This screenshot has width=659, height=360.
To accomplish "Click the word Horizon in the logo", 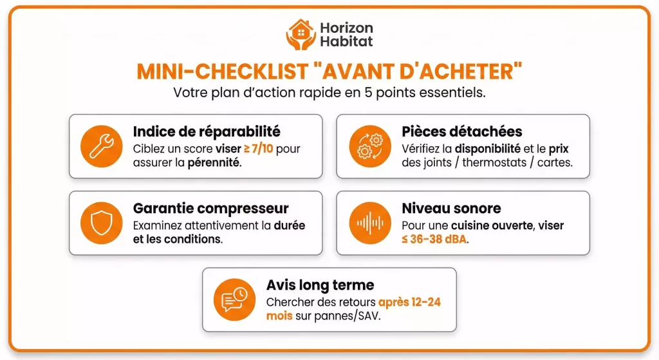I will coord(346,28).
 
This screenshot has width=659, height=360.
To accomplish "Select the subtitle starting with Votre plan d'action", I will coord(329,92).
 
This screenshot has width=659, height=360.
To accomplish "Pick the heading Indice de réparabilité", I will coord(207,132).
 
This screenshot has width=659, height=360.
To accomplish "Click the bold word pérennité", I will coord(214,162).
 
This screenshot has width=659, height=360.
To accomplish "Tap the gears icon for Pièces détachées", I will coord(369,146).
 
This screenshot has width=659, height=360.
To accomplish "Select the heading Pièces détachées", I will coord(462,132).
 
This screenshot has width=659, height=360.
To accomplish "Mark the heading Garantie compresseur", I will coord(210,209).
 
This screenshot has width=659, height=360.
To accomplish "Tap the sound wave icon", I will coord(369,223).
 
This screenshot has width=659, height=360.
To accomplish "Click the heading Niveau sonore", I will coord(451,209).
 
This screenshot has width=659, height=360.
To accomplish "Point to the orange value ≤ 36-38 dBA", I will coord(436,240).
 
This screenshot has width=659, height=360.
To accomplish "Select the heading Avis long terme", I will coord(320,285).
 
